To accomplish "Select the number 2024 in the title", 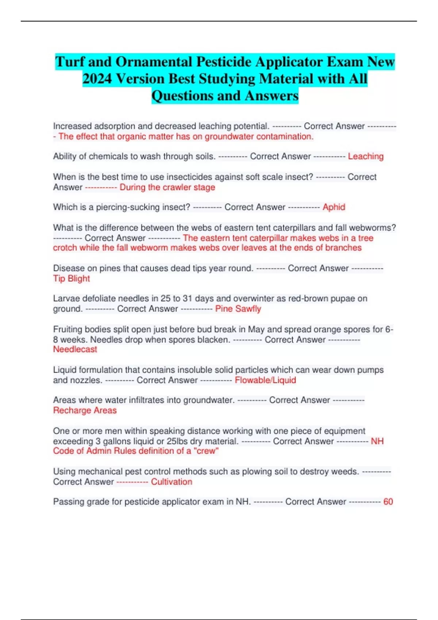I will (x=97, y=79).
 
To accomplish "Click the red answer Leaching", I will (x=365, y=156).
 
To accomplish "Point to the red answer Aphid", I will (x=334, y=207).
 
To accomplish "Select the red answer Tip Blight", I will (x=71, y=279).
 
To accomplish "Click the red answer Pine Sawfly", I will (x=238, y=309).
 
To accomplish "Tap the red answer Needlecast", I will (x=75, y=349).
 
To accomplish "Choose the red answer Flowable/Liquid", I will (x=265, y=380).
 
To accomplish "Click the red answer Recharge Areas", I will (x=85, y=410).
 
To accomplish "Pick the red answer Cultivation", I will (x=171, y=482).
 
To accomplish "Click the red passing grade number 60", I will (x=388, y=502).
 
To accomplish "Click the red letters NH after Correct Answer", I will (x=377, y=441).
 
